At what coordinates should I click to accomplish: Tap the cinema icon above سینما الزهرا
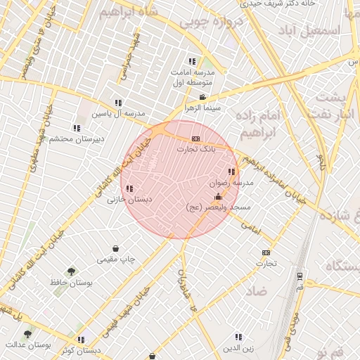point(202,98)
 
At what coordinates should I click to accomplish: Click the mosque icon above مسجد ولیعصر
point(218,196)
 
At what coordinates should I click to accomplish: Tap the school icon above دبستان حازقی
point(129,188)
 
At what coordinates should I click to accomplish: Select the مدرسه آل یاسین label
point(119,113)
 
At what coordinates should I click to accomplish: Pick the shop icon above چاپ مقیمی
point(115,248)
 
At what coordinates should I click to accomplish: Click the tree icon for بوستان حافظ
point(71,271)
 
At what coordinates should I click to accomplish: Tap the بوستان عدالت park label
point(27,345)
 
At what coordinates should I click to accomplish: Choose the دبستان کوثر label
point(81,349)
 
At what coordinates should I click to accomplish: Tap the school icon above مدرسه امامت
point(192,62)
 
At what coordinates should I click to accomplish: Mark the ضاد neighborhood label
point(257,290)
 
